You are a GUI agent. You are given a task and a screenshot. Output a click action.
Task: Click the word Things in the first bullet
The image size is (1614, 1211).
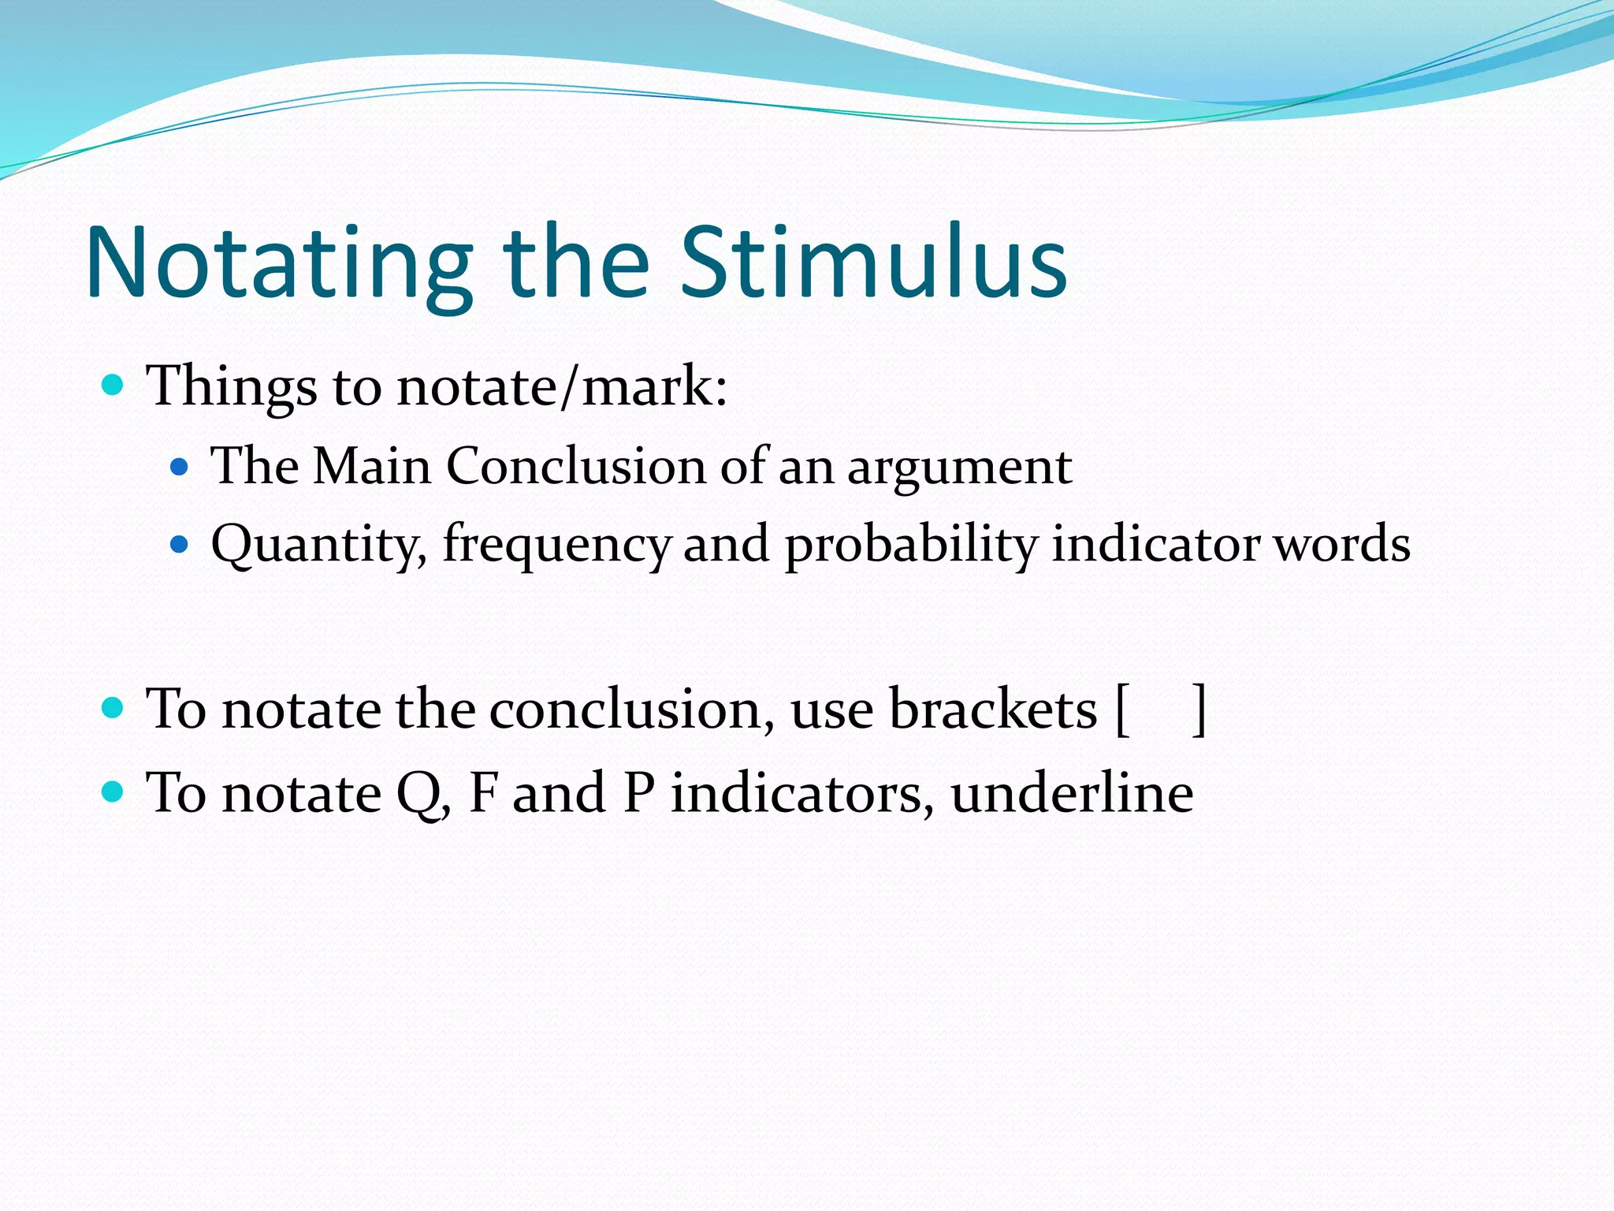pos(232,386)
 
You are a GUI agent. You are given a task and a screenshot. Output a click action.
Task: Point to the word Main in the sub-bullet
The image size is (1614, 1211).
pos(372,466)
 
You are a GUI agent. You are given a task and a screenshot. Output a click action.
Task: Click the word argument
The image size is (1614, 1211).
pos(959,468)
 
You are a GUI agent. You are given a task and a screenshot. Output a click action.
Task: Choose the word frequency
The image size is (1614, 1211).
pos(556,545)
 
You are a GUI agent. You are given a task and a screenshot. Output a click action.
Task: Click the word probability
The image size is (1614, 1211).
pos(911,545)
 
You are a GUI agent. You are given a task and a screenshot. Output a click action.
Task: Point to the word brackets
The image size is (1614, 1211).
pos(992,709)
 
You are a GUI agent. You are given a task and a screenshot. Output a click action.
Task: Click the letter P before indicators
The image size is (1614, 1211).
pos(638,792)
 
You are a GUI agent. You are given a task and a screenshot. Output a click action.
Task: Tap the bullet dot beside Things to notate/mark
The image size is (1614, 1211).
pos(113,386)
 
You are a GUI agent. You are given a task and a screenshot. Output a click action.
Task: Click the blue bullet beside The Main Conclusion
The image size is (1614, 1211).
pos(180,467)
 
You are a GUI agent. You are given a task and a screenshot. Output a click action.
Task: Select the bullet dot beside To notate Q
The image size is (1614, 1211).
pos(113,791)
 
